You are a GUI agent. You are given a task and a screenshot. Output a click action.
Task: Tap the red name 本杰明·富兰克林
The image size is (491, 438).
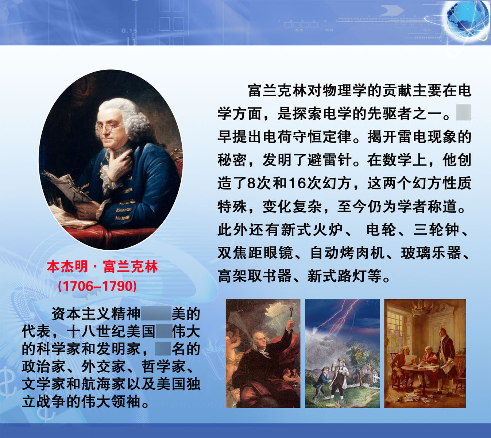coord(102,267)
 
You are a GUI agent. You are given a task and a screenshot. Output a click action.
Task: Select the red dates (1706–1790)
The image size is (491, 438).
coord(97,286)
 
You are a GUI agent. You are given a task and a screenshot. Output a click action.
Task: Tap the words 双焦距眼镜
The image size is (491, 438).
coord(255,253)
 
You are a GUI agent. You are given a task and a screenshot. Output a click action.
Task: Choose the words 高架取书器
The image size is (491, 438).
coord(255,276)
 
